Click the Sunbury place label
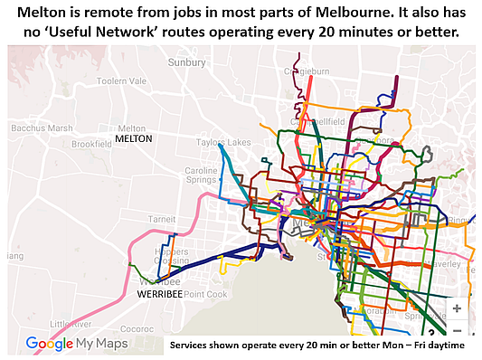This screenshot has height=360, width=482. (x=186, y=62)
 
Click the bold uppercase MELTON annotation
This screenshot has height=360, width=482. (x=134, y=139)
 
